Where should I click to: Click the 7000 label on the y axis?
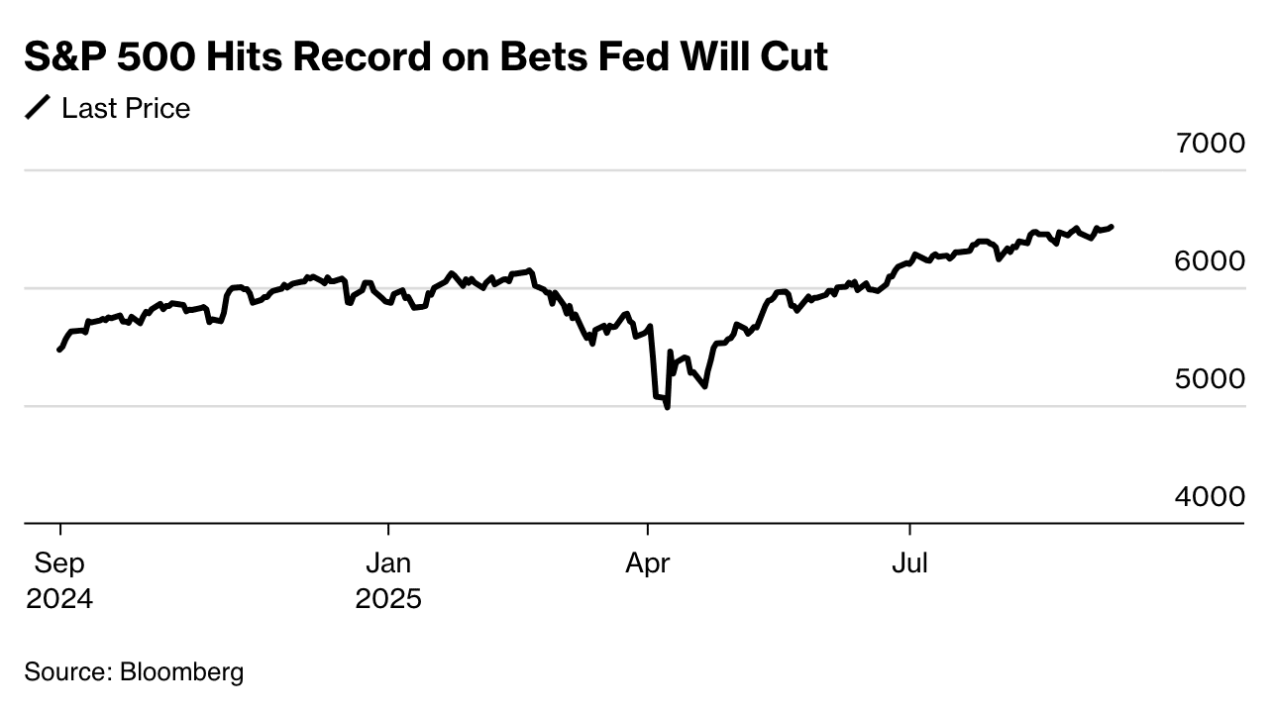coord(1210,145)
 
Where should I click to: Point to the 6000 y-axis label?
coord(1210,261)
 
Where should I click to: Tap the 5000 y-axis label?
coord(1210,379)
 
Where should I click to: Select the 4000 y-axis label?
coord(1210,497)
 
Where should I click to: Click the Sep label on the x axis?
coord(59,564)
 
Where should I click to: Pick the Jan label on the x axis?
coord(388,564)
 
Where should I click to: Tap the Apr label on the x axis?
coord(647,564)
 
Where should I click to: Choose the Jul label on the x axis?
coord(909,564)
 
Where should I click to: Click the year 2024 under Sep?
coord(59,599)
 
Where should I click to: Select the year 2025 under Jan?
coord(388,599)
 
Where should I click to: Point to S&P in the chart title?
coord(65,57)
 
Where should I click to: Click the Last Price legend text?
coord(126,108)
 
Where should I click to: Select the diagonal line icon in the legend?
coord(38,108)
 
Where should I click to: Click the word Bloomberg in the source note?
coord(181,672)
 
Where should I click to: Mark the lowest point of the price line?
coord(667,407)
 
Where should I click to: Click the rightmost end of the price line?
coord(1112,227)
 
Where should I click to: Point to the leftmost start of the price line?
coord(59,350)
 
